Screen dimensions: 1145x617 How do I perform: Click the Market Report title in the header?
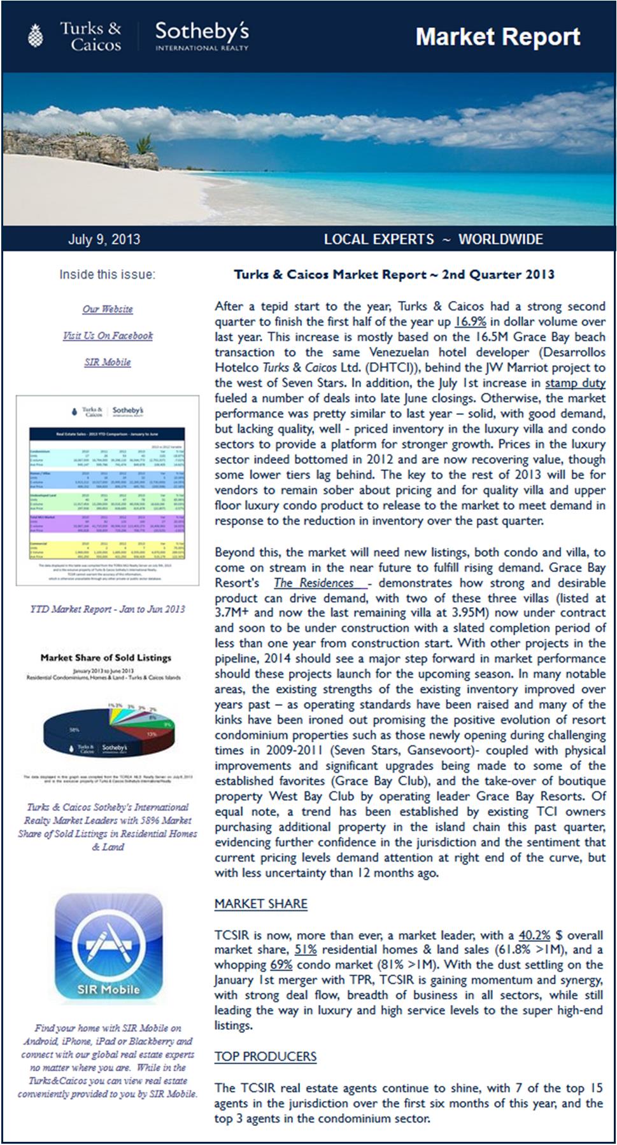click(497, 37)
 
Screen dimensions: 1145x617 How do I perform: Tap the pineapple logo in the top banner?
click(36, 36)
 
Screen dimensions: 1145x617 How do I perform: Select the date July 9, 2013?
click(104, 240)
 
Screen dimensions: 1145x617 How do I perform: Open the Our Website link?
click(108, 309)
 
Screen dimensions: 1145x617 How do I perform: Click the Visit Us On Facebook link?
click(108, 336)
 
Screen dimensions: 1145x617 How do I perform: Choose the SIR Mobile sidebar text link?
click(108, 362)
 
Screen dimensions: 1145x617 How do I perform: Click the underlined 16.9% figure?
click(470, 322)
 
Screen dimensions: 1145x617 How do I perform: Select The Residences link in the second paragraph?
click(314, 583)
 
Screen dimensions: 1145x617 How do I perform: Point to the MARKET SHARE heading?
click(260, 904)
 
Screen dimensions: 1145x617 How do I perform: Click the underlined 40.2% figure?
click(534, 935)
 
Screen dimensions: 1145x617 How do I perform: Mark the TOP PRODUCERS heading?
click(265, 1057)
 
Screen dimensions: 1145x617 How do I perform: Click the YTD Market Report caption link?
click(108, 609)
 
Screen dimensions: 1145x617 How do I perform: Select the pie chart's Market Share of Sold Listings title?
click(106, 658)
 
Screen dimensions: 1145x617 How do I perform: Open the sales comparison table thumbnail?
click(108, 491)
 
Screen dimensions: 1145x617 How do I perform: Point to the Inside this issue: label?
click(107, 275)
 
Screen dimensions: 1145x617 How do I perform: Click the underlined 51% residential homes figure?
click(306, 950)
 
